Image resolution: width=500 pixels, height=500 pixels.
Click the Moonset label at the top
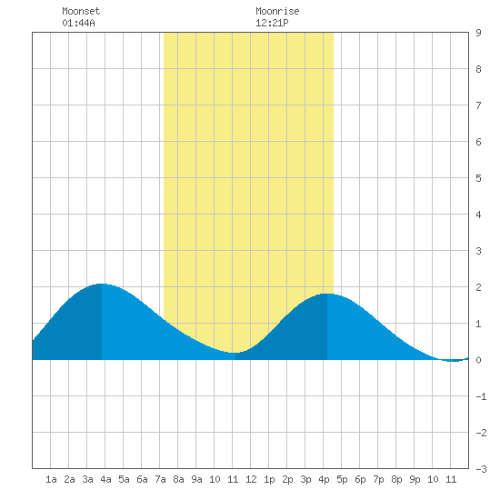(81, 11)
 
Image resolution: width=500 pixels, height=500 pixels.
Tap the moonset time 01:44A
(78, 23)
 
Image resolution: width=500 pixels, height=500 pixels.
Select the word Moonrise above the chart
(277, 11)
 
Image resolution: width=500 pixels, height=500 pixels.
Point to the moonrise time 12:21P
(272, 23)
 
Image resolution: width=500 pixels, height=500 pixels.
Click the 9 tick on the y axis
(478, 33)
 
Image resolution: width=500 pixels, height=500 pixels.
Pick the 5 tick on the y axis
(478, 178)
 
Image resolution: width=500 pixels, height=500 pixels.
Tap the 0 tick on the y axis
(478, 360)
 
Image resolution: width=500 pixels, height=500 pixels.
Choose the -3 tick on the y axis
(481, 469)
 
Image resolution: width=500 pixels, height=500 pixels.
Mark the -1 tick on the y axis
(481, 396)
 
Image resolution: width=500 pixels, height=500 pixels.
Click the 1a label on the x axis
(51, 479)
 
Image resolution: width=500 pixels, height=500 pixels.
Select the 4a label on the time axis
(105, 479)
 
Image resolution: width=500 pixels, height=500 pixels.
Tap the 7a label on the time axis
(160, 479)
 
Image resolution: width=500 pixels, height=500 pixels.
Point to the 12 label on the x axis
(251, 479)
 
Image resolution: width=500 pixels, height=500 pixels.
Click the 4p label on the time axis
(324, 479)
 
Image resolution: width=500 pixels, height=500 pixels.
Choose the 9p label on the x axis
(415, 479)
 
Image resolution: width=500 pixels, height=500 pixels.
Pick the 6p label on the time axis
(360, 479)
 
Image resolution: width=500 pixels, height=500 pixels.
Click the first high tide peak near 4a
(102, 284)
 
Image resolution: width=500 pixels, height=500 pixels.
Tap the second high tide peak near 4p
(327, 294)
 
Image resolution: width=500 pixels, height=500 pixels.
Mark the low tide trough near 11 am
(235, 353)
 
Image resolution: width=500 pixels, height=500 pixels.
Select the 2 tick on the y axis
(478, 287)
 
